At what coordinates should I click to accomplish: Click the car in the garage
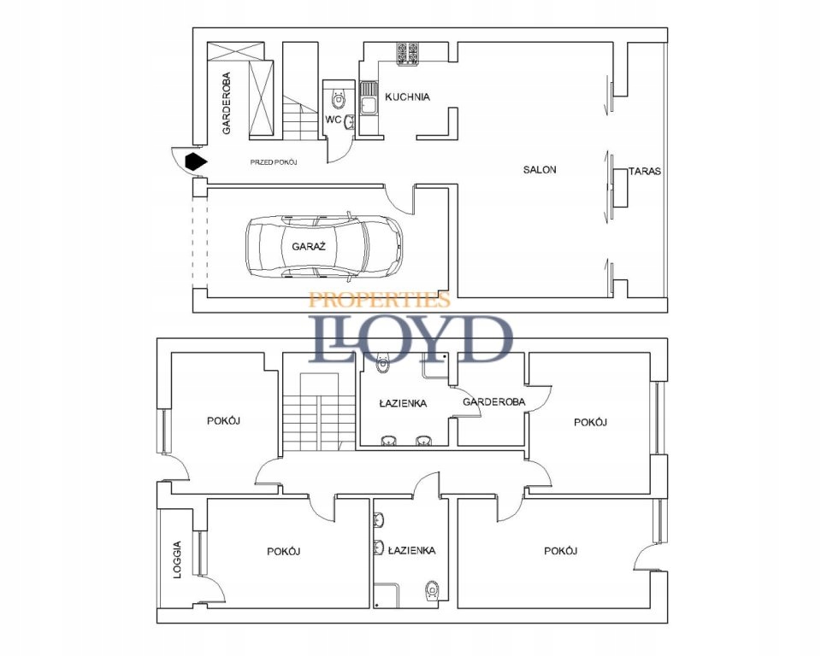click(x=325, y=245)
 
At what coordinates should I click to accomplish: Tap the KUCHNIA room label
click(x=407, y=97)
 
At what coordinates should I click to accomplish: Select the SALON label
click(x=540, y=169)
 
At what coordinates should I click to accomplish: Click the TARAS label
click(x=645, y=171)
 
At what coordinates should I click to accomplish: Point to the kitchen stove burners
click(x=407, y=54)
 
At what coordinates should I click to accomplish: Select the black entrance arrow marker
click(x=196, y=161)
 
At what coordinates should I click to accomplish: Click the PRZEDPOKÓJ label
click(x=274, y=162)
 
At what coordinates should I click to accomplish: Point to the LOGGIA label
click(x=178, y=559)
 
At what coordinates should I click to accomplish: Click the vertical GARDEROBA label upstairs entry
click(x=226, y=103)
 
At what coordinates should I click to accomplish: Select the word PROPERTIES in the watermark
click(x=380, y=300)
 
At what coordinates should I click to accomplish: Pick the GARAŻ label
click(x=309, y=246)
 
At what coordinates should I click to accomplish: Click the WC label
click(x=333, y=120)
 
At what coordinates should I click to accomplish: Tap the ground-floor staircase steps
click(x=300, y=118)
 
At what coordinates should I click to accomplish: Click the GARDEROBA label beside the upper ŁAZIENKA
click(x=493, y=402)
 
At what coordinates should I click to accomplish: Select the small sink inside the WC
click(x=351, y=121)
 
